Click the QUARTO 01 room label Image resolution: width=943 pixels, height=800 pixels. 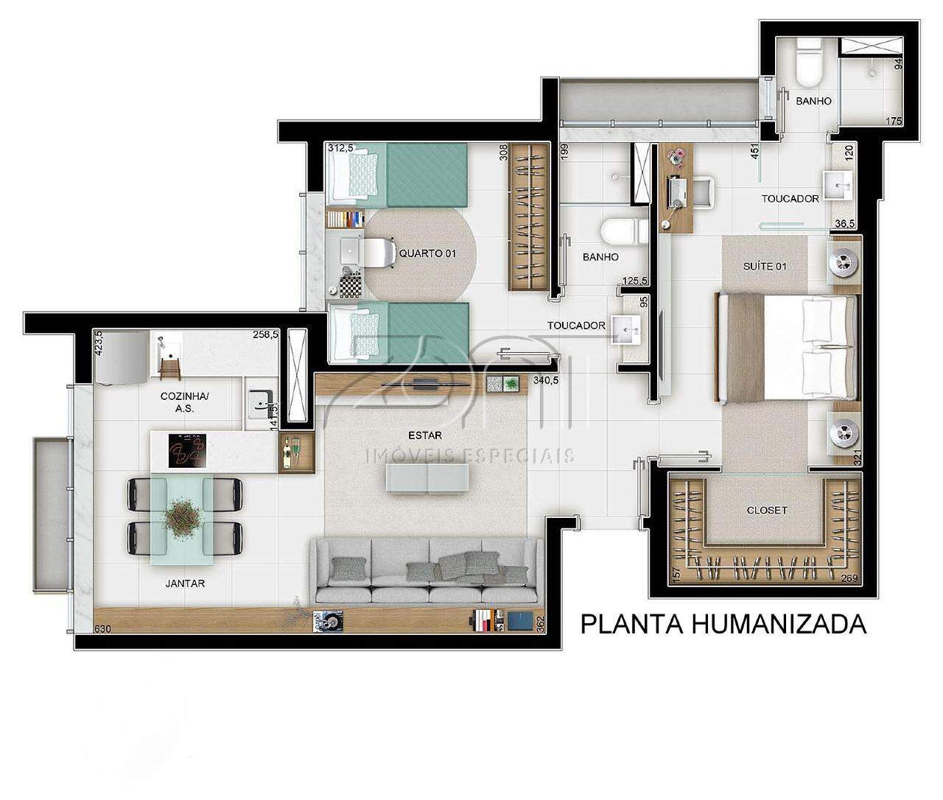coord(427,253)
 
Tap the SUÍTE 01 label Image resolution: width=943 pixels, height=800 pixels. coord(765,267)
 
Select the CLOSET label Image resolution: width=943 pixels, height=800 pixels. coord(767,510)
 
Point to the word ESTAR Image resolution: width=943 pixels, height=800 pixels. coord(425,435)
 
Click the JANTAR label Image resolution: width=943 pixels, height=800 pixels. coord(185,583)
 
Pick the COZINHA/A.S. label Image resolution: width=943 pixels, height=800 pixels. coord(185,402)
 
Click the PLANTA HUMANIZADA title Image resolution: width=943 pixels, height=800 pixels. coord(723,625)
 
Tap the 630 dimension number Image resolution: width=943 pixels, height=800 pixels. coord(102,629)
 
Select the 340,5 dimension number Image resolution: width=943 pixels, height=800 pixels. coord(546,380)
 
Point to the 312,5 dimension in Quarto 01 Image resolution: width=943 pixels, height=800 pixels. coord(341,148)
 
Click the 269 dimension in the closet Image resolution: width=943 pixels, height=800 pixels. coord(849,578)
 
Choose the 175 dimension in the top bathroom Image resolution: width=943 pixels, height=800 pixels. coord(894,122)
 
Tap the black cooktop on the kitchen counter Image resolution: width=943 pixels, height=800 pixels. coord(187,451)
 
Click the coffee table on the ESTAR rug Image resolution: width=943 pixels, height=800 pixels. coord(427,477)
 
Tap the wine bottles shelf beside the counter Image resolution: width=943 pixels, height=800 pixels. coord(297,452)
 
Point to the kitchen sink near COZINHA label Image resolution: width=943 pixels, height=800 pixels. coord(261,403)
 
